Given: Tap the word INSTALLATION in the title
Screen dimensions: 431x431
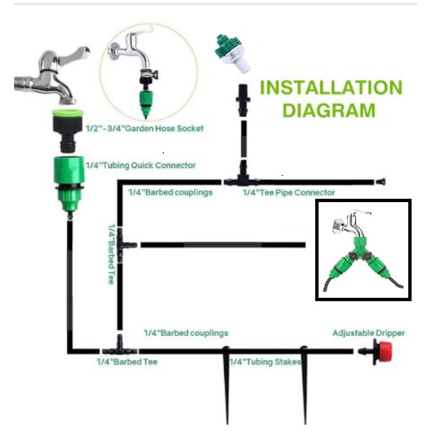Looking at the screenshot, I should [x=331, y=88].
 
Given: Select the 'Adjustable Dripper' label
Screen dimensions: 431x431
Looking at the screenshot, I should [x=369, y=333].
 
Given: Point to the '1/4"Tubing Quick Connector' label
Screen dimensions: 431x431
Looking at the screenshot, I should [x=141, y=165].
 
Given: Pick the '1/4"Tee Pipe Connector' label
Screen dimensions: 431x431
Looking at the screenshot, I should [x=288, y=192].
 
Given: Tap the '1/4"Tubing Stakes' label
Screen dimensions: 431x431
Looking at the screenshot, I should [x=265, y=362].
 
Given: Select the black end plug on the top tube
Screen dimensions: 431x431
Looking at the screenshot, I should [x=382, y=181].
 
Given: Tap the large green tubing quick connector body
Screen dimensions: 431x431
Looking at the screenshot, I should [x=68, y=177].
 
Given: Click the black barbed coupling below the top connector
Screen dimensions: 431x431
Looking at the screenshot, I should [x=240, y=98].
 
